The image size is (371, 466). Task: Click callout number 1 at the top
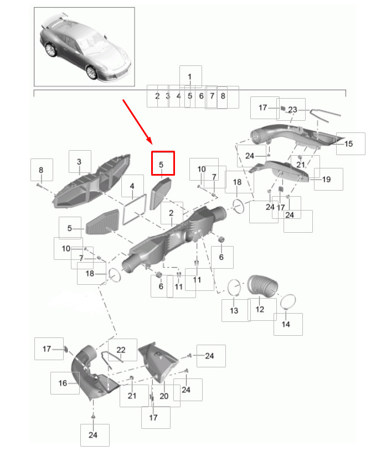click(189, 77)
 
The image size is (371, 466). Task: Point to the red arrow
click(137, 122)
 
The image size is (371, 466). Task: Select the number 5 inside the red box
click(161, 165)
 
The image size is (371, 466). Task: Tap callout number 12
click(260, 309)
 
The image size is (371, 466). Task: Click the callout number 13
click(234, 310)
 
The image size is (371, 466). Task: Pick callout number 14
click(286, 324)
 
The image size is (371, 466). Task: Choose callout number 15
click(348, 144)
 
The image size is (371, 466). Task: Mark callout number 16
click(63, 383)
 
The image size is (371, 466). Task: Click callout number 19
click(326, 179)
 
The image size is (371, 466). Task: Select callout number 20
click(164, 396)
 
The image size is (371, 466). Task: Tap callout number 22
click(121, 350)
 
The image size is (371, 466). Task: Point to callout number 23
click(292, 109)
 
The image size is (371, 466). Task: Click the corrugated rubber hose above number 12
click(262, 286)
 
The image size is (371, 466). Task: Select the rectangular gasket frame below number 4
click(135, 209)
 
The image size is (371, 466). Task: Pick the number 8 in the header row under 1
click(223, 96)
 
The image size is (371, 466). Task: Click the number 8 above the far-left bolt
click(41, 170)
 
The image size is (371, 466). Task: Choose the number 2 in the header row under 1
click(157, 96)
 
